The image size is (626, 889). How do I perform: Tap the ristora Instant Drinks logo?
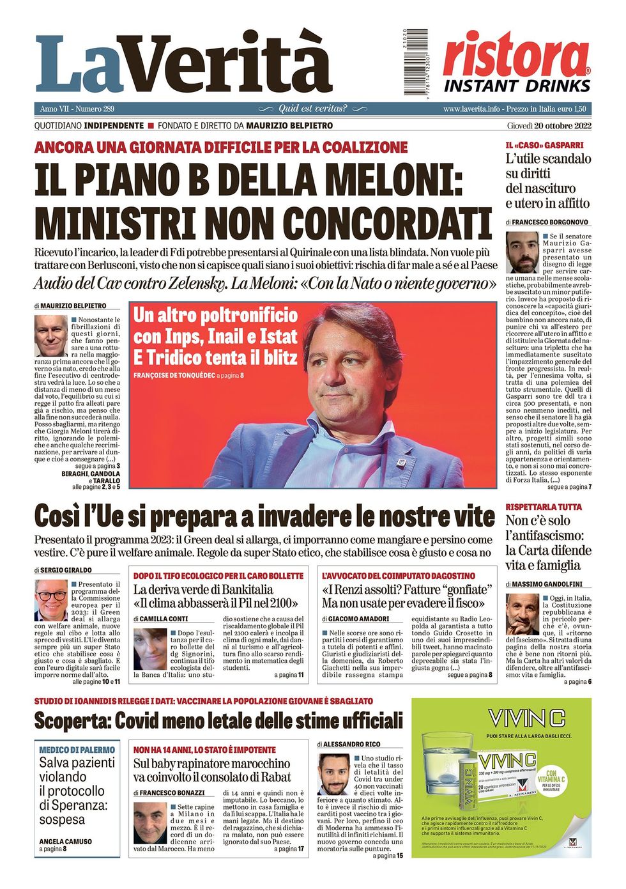[x=516, y=62]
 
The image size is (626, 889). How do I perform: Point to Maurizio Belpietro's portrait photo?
[x=51, y=336]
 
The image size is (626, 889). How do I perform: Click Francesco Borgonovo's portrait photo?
[x=522, y=252]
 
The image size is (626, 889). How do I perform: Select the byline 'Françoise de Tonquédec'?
[x=174, y=375]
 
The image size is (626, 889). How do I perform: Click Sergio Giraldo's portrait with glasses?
[x=50, y=601]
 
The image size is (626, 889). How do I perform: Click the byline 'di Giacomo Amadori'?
[x=355, y=619]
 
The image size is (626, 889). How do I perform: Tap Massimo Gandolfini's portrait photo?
[x=523, y=615]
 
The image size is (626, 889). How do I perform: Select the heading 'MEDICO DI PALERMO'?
[x=77, y=750]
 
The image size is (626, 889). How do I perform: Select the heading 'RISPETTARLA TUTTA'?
[x=544, y=507]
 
